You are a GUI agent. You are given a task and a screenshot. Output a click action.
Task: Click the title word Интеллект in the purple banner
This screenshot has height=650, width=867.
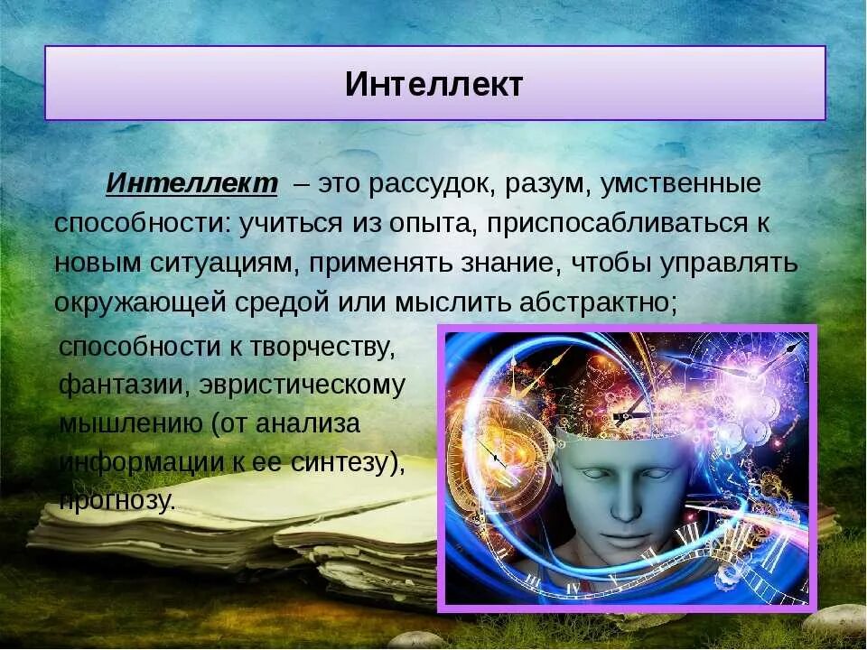433,84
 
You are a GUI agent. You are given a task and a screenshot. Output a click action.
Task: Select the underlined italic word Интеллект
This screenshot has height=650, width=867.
191,184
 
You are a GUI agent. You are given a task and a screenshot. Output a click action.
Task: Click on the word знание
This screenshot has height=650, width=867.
487,263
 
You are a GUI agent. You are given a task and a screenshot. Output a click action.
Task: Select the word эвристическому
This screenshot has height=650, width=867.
303,385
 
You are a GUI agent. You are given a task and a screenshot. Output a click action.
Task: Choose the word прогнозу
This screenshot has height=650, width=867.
117,501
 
